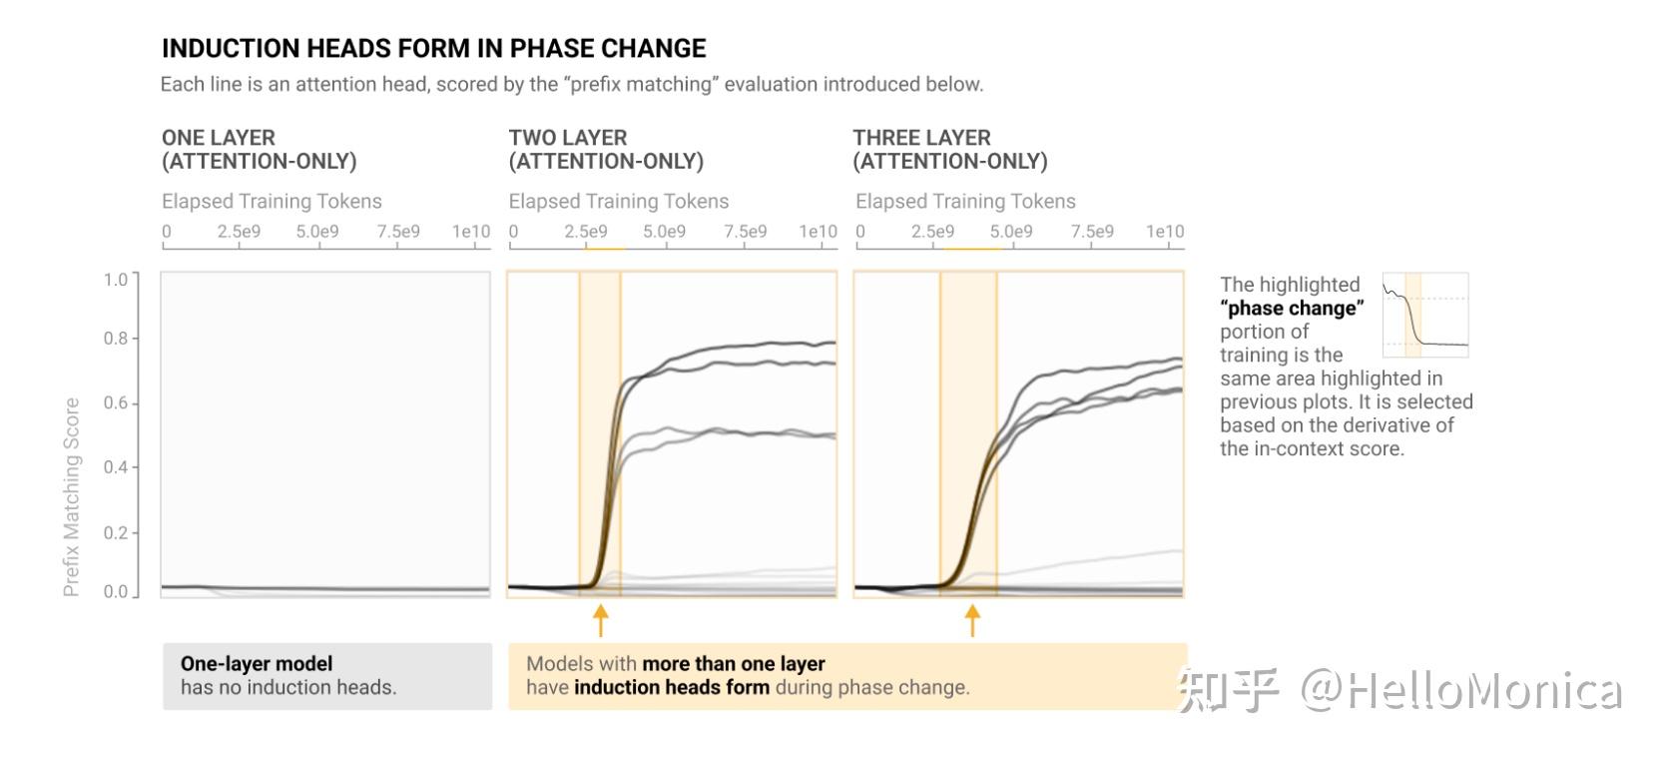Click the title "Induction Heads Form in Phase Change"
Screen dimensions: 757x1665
click(433, 49)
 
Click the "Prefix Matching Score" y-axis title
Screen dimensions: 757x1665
click(71, 496)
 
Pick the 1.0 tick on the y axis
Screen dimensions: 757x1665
click(116, 280)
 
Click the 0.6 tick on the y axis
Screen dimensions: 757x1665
click(116, 403)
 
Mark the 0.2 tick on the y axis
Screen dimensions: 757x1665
click(116, 532)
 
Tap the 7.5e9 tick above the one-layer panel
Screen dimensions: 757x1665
click(398, 232)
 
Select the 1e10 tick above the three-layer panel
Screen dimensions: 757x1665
click(1164, 232)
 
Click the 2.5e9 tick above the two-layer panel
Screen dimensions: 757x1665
click(586, 232)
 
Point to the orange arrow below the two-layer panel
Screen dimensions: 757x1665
click(600, 620)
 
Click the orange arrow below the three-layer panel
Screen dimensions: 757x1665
click(972, 620)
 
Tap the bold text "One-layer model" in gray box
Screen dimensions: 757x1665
click(257, 664)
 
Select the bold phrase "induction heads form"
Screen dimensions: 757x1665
click(672, 688)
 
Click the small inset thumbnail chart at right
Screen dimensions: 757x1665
click(1425, 315)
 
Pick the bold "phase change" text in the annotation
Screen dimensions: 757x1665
click(1292, 309)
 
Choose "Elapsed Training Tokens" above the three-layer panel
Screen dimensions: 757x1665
click(965, 202)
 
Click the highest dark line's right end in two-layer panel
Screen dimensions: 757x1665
click(832, 344)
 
